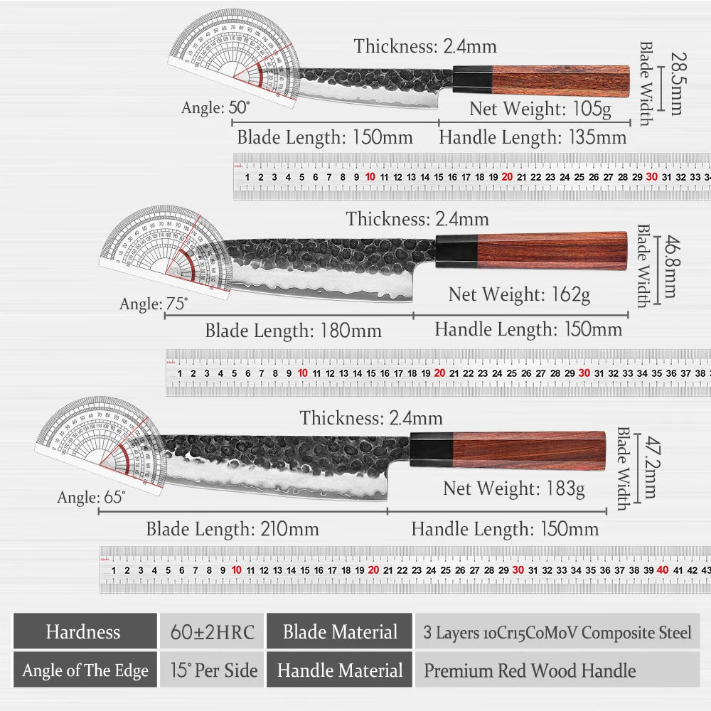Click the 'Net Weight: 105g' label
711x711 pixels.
point(540,109)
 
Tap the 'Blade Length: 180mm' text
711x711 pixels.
point(293,331)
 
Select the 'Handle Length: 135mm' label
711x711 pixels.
point(533,137)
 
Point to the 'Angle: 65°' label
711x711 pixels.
point(91,497)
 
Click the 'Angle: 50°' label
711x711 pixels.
point(215,107)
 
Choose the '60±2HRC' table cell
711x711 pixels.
point(212,631)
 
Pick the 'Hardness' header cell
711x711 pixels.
point(83,631)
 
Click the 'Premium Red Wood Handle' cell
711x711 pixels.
point(530,670)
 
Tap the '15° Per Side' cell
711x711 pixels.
point(212,670)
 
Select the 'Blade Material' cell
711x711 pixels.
point(340,631)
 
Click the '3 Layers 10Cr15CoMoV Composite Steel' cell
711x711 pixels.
point(557,632)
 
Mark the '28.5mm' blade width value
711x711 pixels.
point(672,82)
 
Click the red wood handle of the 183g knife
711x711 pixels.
point(530,450)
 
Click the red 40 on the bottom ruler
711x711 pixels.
point(663,570)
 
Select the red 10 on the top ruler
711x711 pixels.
point(370,176)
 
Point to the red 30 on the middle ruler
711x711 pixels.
point(584,373)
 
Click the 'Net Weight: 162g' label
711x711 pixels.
point(519,294)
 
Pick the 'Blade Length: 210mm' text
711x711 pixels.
point(232,529)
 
